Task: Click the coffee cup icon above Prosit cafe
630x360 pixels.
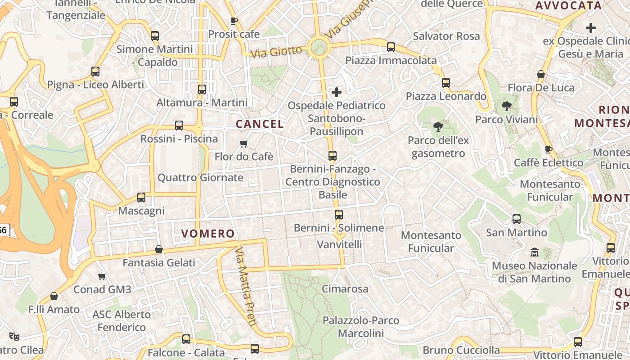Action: [x=234, y=20]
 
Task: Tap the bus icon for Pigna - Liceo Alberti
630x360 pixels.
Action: [x=95, y=71]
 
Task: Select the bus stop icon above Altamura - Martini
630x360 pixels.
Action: [x=202, y=89]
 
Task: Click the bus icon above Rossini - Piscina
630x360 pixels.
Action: [x=179, y=125]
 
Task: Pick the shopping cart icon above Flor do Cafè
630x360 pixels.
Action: [x=243, y=144]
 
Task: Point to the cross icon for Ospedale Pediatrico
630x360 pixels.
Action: [x=336, y=92]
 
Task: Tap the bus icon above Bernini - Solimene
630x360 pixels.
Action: [x=338, y=214]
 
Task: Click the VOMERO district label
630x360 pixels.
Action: [x=208, y=234]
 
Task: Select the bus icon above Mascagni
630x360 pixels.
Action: [x=141, y=197]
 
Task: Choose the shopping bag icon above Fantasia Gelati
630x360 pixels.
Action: [x=158, y=249]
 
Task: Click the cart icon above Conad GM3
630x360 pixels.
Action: [x=102, y=276]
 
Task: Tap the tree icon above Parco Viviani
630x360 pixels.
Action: [x=506, y=106]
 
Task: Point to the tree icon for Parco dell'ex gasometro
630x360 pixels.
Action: [x=438, y=127]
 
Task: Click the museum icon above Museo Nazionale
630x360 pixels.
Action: [x=534, y=252]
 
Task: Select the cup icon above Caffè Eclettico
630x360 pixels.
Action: [x=548, y=149]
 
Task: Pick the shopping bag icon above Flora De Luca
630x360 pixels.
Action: [x=540, y=74]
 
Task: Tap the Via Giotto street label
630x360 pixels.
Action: [x=276, y=51]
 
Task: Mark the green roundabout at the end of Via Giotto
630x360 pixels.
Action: [x=319, y=47]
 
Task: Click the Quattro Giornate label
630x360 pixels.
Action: [x=200, y=178]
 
